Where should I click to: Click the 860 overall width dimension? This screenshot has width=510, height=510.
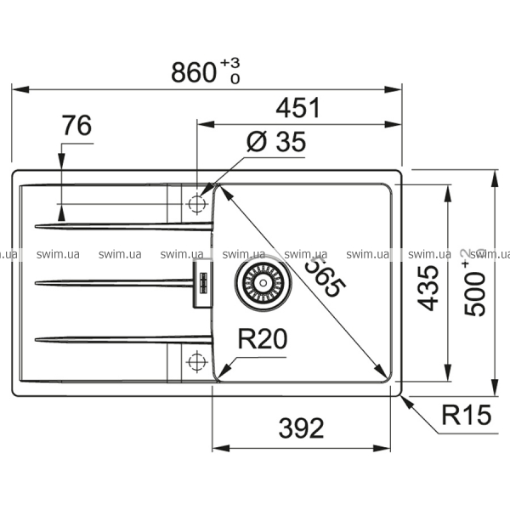point(193,72)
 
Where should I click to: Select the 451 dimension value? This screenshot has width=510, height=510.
point(298,108)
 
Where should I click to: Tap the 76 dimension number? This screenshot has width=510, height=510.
point(77,125)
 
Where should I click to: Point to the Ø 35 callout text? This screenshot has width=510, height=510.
point(275,141)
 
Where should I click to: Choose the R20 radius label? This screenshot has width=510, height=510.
point(263,339)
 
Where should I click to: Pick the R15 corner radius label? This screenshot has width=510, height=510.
point(466,415)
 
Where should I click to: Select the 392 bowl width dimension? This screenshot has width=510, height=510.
point(301,428)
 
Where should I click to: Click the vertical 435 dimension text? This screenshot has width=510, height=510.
point(428,288)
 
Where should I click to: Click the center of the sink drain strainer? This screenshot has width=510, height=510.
point(263,283)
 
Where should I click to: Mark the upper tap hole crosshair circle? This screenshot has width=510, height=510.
point(197,204)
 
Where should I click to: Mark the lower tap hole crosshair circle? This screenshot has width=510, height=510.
point(197,361)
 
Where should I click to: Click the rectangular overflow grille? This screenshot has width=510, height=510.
point(203,283)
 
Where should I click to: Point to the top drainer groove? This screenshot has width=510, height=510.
point(124,226)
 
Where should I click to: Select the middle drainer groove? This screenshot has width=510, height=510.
point(114,283)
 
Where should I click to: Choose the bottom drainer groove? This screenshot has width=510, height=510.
point(124,339)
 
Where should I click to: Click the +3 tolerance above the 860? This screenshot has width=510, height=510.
point(229,63)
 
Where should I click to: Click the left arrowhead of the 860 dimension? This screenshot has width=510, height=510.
point(20,89)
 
